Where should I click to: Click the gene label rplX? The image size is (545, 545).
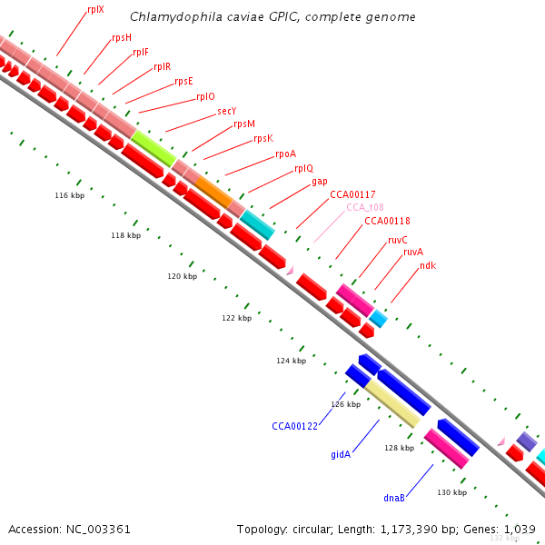95,9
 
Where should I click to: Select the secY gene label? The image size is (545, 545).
227,111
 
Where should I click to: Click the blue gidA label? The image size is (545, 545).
341,453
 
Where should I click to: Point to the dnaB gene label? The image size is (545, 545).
394,498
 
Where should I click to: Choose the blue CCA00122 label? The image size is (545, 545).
294,426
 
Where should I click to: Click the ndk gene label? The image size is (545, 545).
428,265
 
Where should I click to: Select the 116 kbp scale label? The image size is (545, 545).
70,195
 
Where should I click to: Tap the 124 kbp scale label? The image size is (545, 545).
292,361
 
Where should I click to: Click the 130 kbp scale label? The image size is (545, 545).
451,492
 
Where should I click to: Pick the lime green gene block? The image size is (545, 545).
154,147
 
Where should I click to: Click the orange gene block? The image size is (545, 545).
214,192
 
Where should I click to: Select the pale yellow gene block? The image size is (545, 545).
392,403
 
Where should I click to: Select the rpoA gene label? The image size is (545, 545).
285,154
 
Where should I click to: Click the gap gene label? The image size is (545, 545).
320,181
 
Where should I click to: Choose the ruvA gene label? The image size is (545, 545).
413,252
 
